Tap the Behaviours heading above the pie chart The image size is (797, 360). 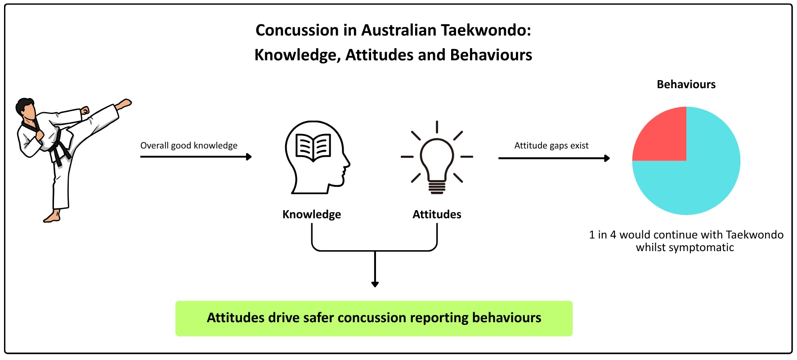click(x=686, y=85)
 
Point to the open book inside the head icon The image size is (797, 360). click(x=313, y=147)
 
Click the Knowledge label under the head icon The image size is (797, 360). click(x=311, y=214)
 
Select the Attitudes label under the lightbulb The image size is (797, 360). click(x=437, y=214)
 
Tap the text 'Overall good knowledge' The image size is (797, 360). click(x=188, y=145)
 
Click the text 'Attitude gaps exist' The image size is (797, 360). click(x=551, y=145)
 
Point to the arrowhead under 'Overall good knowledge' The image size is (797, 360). click(x=249, y=157)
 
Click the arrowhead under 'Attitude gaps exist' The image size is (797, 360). click(x=607, y=158)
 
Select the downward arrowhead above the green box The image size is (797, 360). click(x=375, y=284)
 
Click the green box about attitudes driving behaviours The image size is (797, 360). click(x=374, y=318)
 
